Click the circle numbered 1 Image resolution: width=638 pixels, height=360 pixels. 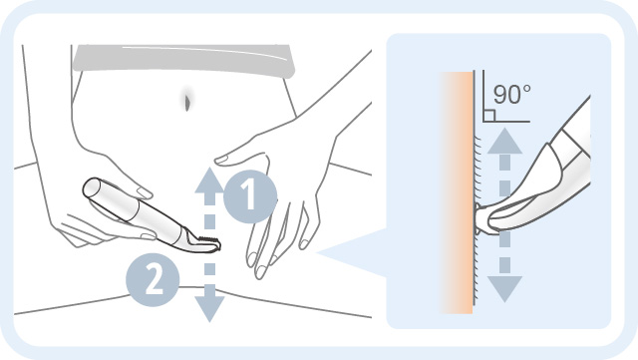coord(247,196)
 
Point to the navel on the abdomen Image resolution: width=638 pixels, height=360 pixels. coord(185,98)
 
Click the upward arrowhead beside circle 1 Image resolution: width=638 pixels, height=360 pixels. coord(207,180)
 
